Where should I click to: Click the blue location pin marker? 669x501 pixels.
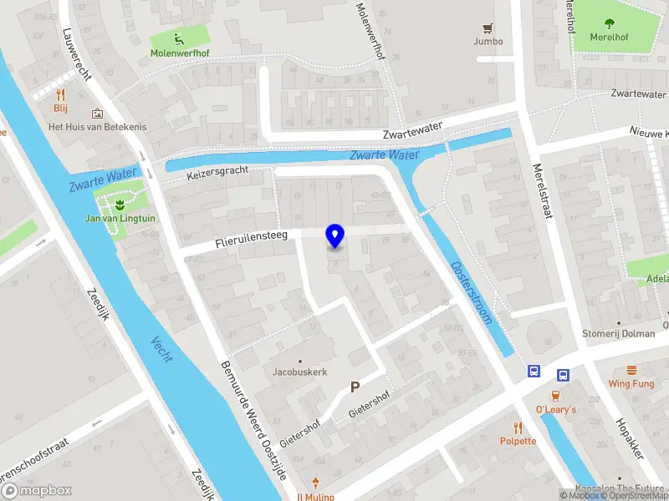click(334, 235)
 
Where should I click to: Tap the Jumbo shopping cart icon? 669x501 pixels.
click(488, 27)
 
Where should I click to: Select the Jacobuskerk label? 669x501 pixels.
click(300, 372)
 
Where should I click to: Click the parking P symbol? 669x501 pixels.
click(355, 387)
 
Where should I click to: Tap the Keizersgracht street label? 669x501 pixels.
click(218, 175)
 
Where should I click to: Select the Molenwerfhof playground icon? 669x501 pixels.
click(179, 38)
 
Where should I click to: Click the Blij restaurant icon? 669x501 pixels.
click(61, 95)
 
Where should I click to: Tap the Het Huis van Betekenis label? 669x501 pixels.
click(97, 126)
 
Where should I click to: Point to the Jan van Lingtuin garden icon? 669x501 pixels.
click(120, 204)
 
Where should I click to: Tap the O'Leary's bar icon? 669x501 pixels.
click(555, 396)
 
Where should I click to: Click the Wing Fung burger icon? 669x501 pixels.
click(631, 370)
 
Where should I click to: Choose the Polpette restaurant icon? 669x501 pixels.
click(518, 427)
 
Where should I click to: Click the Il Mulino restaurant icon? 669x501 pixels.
click(314, 483)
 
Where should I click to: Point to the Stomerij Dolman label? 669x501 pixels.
click(619, 334)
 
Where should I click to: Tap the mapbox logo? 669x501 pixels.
click(37, 491)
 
